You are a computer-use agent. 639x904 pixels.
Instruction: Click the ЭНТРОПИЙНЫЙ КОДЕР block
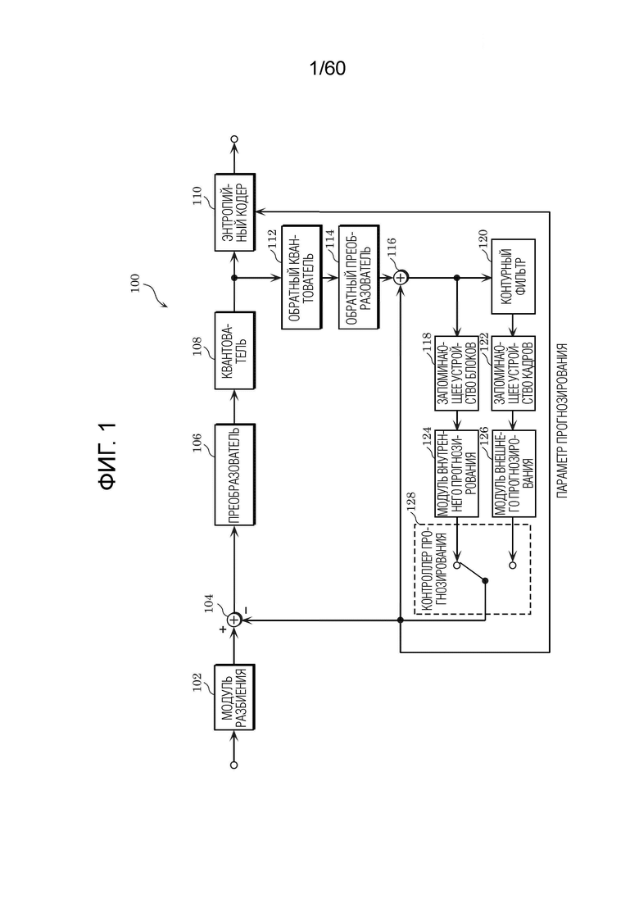point(234,212)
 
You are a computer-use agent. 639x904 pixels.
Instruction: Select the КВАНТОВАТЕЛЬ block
point(234,351)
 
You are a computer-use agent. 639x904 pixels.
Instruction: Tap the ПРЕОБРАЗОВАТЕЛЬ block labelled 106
point(234,475)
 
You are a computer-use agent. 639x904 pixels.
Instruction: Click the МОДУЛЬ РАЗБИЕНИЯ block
point(234,697)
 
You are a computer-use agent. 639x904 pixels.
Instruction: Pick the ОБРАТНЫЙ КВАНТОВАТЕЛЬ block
point(300,277)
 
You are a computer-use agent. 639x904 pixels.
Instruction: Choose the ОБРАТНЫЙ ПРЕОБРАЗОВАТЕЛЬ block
point(358,277)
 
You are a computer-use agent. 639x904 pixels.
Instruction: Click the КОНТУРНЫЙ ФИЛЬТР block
point(514,277)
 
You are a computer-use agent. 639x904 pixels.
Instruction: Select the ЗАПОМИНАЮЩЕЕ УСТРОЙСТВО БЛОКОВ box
point(456,373)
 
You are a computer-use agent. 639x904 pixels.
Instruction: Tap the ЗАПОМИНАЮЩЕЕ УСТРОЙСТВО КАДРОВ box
point(514,373)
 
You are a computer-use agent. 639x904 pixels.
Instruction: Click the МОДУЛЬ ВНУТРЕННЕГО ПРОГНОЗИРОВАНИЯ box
point(456,473)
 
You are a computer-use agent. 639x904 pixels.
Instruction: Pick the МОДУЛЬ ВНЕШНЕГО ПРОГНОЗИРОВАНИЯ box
point(514,473)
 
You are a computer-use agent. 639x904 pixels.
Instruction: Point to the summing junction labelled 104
point(234,620)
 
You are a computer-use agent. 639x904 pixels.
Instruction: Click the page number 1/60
point(327,69)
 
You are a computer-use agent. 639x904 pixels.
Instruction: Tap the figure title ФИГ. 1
point(108,456)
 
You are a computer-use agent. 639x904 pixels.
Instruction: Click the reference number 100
point(135,283)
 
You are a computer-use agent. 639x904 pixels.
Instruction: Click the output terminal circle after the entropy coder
point(234,139)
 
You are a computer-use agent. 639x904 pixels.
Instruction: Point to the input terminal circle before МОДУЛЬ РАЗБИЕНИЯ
point(234,765)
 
